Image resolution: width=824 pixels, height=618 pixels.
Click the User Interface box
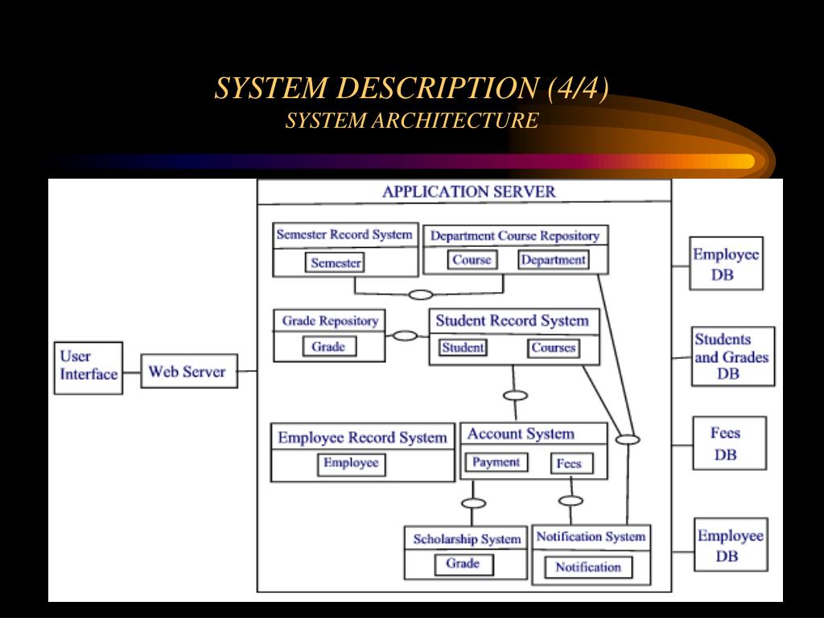[x=89, y=367]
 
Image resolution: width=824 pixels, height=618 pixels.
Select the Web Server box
[x=189, y=372]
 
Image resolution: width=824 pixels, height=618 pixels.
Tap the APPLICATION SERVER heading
[x=468, y=192]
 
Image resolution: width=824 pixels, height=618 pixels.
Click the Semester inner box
[x=336, y=262]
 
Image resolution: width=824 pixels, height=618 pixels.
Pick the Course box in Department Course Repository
[x=472, y=260]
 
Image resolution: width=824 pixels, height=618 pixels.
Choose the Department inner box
[x=553, y=260]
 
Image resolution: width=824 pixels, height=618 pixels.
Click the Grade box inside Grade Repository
[x=328, y=347]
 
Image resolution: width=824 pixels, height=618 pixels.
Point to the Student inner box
[x=463, y=348]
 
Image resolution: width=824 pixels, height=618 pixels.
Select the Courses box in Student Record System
[x=554, y=348]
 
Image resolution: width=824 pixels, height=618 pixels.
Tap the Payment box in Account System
[x=496, y=462]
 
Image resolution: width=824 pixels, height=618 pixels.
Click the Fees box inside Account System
[x=571, y=463]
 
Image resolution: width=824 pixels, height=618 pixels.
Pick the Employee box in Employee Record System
[x=351, y=463]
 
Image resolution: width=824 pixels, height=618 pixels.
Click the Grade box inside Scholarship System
[x=463, y=563]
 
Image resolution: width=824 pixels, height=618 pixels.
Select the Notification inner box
[x=587, y=566]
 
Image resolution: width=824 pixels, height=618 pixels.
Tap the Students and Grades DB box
[x=732, y=356]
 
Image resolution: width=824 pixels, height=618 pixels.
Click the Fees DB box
[x=728, y=443]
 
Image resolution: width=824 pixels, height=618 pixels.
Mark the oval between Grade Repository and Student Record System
[x=405, y=336]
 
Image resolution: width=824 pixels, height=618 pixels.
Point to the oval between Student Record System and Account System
[x=515, y=395]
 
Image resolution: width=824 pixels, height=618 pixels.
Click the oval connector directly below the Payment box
[x=474, y=504]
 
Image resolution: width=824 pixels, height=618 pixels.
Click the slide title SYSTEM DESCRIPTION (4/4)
[x=411, y=89]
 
